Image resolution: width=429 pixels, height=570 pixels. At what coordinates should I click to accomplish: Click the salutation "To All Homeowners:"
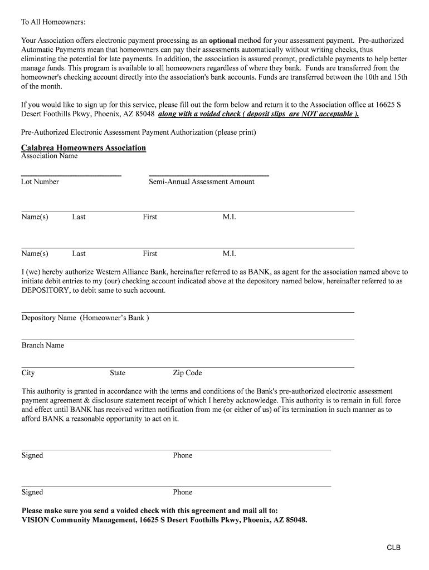53,22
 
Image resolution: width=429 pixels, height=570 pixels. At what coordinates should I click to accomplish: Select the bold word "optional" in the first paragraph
222,41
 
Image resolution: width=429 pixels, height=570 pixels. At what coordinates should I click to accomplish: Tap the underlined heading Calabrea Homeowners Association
84,148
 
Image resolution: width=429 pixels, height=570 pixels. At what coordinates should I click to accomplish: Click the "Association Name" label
49,156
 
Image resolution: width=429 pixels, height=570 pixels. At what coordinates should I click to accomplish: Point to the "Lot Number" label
40,181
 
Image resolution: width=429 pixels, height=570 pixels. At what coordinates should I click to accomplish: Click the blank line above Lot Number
71,175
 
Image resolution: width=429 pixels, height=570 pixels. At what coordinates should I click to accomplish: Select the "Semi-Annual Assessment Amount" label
201,181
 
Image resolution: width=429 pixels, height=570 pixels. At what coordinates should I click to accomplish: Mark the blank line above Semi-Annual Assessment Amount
209,175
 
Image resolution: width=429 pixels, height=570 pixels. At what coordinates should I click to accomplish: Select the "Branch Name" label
43,345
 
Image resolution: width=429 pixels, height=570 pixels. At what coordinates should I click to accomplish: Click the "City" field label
28,373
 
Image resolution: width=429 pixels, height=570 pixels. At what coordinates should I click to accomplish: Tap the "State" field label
118,373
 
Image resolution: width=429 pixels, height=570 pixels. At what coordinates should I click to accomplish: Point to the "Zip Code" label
187,373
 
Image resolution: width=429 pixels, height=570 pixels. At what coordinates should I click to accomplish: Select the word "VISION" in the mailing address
36,520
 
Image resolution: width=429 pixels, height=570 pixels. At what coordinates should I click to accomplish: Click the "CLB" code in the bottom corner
394,548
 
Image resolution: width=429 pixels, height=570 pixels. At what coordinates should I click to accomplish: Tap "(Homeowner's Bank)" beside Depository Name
114,318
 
